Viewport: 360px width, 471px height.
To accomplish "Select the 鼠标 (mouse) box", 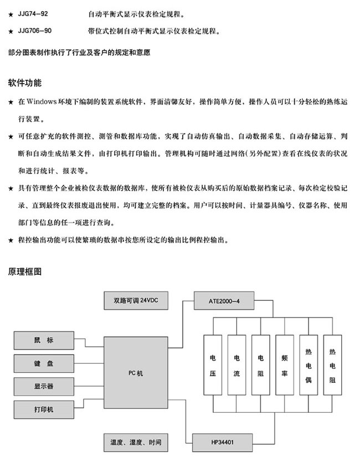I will pyautogui.click(x=43, y=340).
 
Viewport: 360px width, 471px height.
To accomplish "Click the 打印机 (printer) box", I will pyautogui.click(x=43, y=409).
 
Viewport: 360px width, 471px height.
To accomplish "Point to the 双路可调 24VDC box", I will pyautogui.click(x=135, y=301).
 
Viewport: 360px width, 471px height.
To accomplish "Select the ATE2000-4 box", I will pyautogui.click(x=224, y=301).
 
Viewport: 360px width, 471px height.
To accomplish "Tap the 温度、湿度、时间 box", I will pyautogui.click(x=135, y=443).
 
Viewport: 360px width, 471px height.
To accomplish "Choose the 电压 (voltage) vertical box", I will pyautogui.click(x=213, y=366).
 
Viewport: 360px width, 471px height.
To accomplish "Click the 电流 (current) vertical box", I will pyautogui.click(x=236, y=366).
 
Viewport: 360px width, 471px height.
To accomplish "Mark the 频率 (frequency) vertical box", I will pyautogui.click(x=284, y=366).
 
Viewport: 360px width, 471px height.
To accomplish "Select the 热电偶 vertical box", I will pyautogui.click(x=308, y=366).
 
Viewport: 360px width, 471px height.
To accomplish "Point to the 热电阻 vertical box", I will pyautogui.click(x=332, y=366).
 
